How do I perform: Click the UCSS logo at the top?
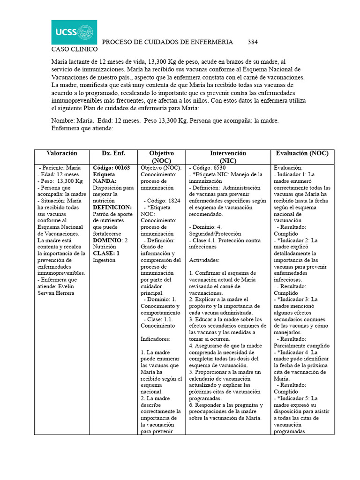coord(74,32)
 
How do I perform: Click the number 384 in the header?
coord(253,42)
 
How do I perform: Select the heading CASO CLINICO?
coord(74,49)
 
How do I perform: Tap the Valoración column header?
coord(61,154)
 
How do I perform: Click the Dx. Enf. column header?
coord(113,154)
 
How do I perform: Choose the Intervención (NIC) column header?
coord(228,157)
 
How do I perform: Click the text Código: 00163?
coord(111,167)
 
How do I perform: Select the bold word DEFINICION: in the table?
coord(112,207)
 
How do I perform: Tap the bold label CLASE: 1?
coord(106,253)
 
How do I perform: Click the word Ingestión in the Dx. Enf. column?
coord(104,260)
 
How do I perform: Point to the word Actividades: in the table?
coord(205,260)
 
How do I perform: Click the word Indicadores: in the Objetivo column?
coord(156,338)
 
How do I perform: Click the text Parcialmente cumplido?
coord(301,345)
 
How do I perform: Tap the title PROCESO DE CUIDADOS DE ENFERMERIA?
coord(167,42)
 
